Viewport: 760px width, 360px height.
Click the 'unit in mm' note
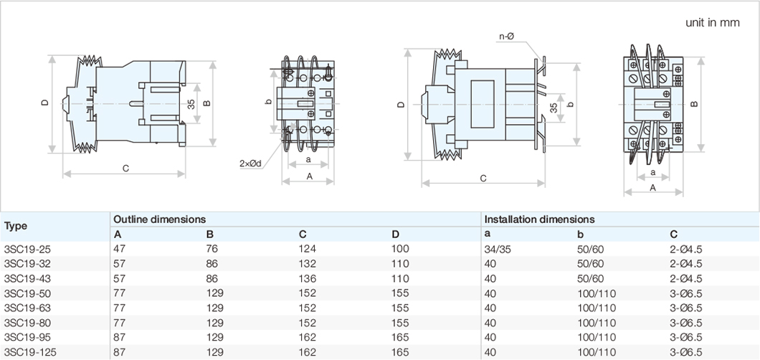click(711, 22)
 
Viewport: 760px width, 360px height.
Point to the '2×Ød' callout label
click(250, 164)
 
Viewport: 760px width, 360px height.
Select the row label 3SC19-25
click(27, 249)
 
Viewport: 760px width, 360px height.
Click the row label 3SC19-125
click(30, 352)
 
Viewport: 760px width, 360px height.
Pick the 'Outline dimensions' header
click(160, 219)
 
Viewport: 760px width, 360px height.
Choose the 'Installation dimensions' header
click(539, 219)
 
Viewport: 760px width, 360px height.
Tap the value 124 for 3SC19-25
click(308, 249)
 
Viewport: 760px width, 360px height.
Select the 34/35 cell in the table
click(499, 249)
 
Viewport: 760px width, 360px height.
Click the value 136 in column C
click(308, 278)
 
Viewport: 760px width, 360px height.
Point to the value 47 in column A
click(119, 249)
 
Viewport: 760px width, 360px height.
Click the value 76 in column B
click(212, 249)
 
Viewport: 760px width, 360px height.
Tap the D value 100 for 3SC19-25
click(400, 249)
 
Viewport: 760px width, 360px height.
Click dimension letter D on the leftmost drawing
click(44, 103)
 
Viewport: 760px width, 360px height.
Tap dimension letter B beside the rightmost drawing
click(694, 105)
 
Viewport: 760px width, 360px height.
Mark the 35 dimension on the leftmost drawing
click(191, 104)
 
